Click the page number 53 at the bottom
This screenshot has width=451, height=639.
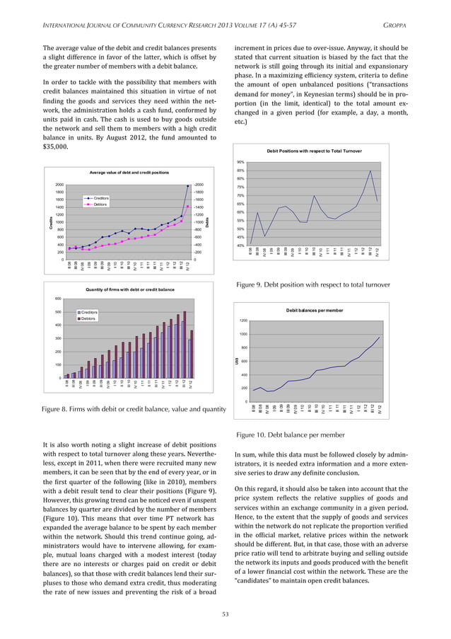tap(225, 614)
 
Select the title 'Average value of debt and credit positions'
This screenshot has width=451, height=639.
tap(129, 173)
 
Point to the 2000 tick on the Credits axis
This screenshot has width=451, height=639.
tap(59, 185)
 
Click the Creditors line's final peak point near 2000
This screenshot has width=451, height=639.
tap(187, 186)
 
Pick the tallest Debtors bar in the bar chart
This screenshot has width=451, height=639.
tap(185, 311)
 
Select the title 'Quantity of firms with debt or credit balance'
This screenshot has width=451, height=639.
tap(129, 289)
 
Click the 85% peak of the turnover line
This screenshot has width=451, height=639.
tap(370, 171)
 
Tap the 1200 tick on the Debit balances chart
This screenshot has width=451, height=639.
tap(242, 321)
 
